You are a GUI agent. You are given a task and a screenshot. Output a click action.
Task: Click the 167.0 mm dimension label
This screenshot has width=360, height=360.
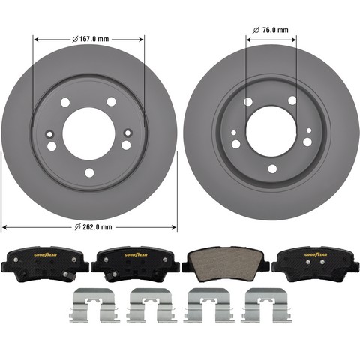[90, 39]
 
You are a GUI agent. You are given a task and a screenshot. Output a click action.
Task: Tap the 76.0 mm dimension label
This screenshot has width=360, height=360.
[271, 30]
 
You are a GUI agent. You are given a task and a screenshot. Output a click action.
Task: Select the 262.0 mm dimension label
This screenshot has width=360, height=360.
[94, 227]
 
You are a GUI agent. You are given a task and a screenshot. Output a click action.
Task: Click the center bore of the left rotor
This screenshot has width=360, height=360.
[88, 133]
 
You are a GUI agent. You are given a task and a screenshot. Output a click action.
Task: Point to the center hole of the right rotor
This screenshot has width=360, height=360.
[271, 131]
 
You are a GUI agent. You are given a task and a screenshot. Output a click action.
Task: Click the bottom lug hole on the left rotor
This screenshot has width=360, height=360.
[89, 173]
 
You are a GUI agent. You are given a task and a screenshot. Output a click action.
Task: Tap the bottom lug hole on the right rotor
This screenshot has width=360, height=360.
[272, 169]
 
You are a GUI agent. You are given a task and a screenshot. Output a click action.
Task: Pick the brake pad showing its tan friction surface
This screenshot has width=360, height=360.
[225, 263]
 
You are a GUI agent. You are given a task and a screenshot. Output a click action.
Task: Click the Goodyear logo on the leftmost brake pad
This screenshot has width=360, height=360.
[46, 255]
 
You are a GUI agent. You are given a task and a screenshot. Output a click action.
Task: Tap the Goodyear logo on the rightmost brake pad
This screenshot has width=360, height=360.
[316, 254]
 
